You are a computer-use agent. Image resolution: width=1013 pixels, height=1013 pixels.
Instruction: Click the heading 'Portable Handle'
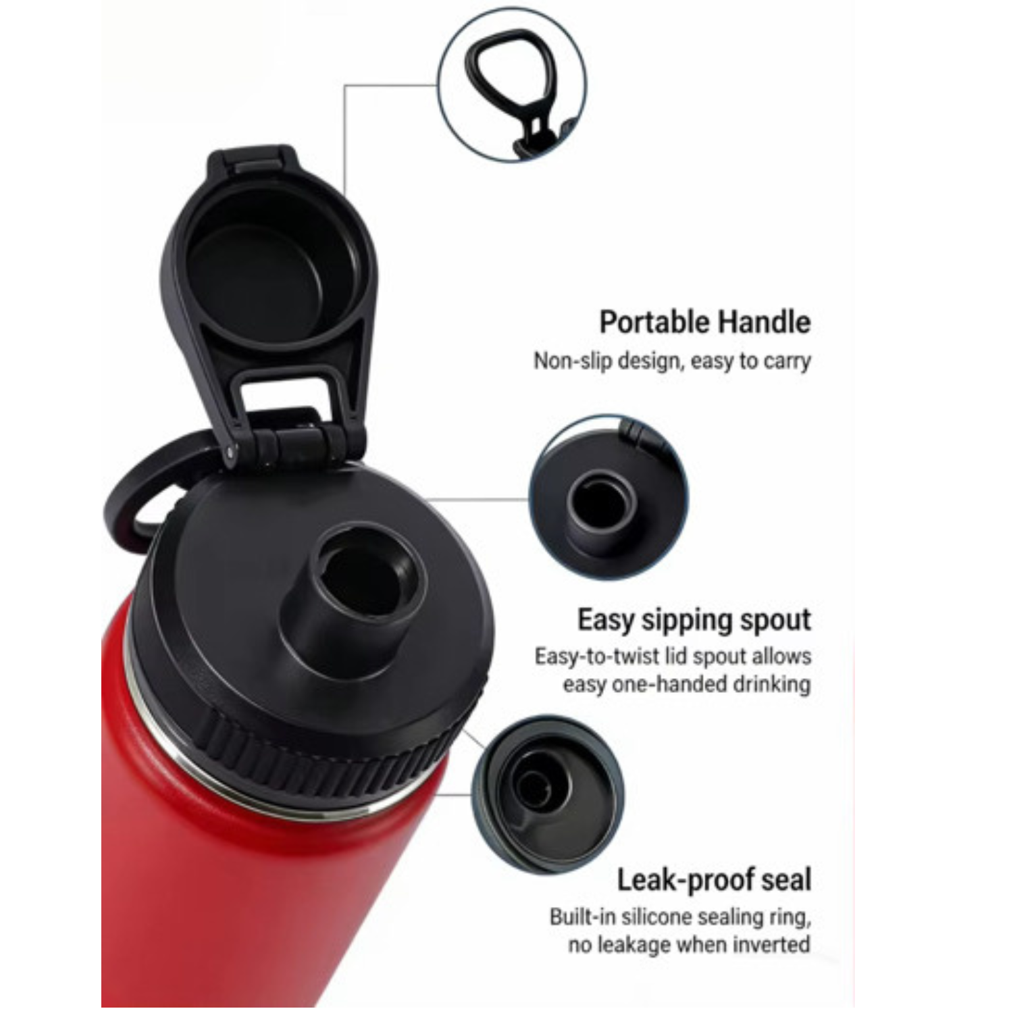point(704,322)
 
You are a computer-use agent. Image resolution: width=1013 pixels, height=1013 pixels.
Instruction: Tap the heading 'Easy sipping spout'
point(694,620)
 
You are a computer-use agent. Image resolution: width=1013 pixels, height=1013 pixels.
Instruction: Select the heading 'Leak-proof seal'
point(714,880)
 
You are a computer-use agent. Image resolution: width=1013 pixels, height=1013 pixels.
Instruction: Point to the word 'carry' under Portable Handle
point(787,361)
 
